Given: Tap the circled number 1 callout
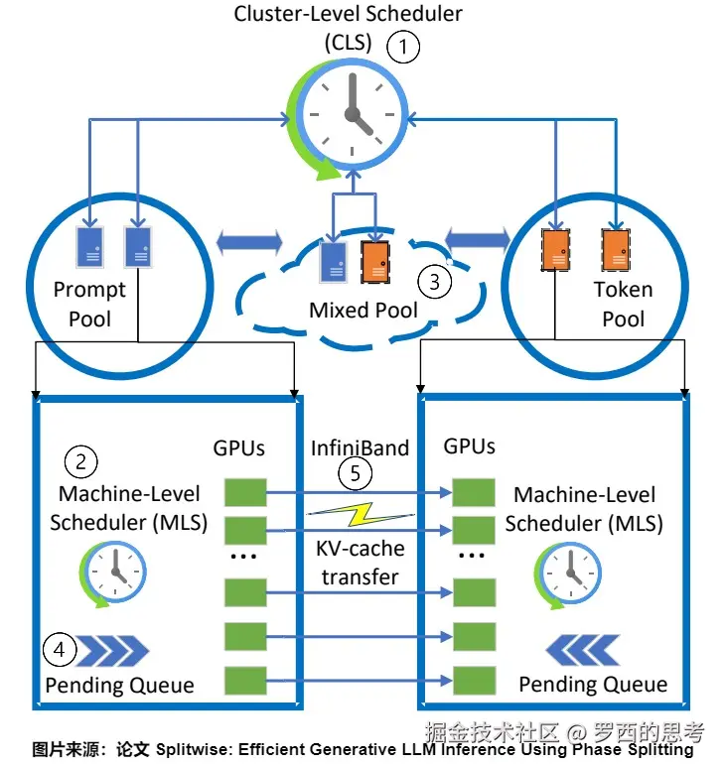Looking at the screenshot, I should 403,46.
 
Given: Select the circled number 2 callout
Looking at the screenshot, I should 80,460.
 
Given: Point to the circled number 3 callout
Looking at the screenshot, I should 434,281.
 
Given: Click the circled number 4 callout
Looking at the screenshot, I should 61,650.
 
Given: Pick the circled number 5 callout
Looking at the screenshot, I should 355,473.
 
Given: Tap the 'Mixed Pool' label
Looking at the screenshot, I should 363,310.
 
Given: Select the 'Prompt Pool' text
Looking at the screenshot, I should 89,305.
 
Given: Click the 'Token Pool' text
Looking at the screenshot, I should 623,305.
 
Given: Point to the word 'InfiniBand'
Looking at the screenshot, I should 361,447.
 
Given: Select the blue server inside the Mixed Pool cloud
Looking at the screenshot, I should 334,261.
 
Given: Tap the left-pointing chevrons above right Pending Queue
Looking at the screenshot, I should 582,651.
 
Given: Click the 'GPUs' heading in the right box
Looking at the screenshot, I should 469,447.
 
